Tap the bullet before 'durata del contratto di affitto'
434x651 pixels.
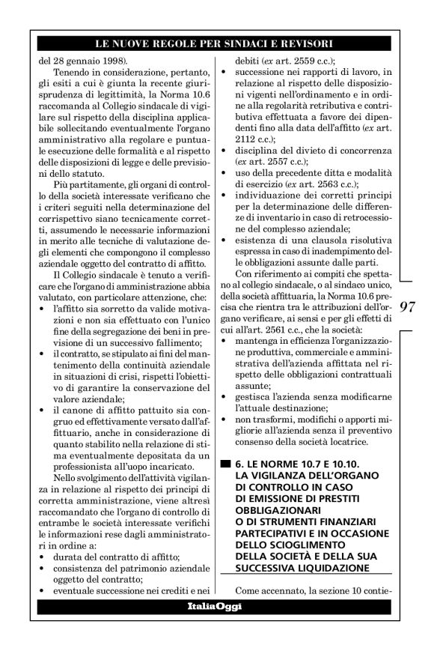click(40, 557)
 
